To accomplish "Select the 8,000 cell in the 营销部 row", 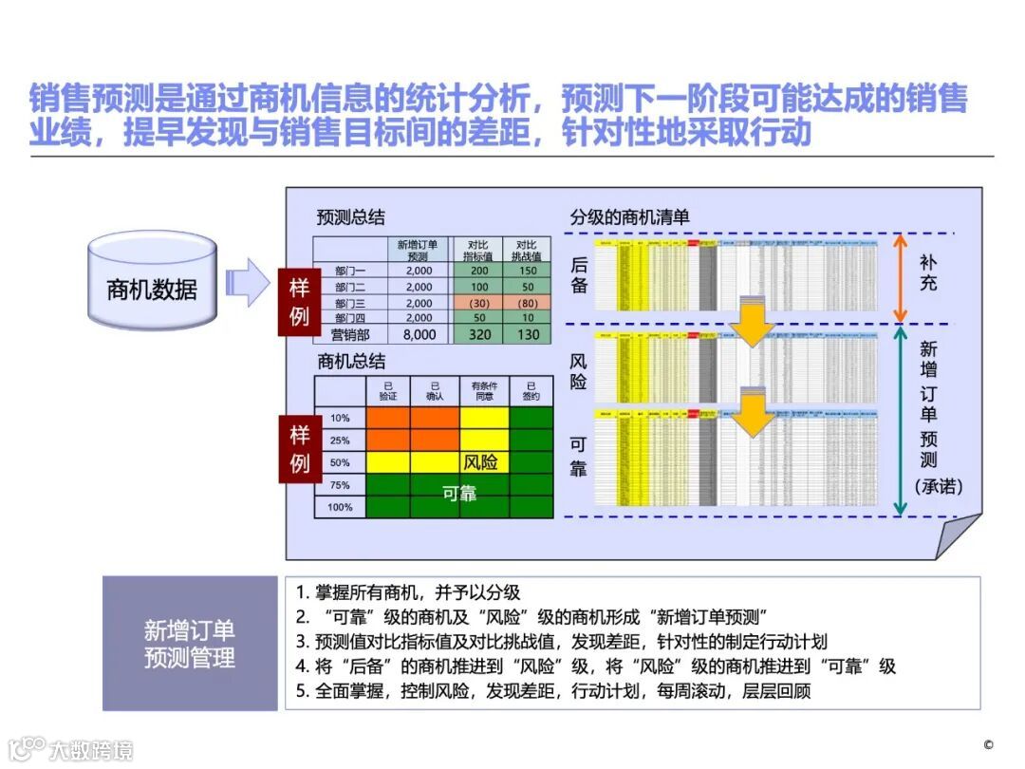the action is click(x=419, y=335).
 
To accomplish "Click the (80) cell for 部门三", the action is click(x=528, y=303).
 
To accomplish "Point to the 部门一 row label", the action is click(x=350, y=271).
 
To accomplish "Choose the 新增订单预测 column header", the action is click(x=419, y=249).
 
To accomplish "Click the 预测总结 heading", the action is click(x=351, y=217).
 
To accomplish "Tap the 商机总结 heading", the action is click(x=351, y=362).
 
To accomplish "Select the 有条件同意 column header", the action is click(x=484, y=390).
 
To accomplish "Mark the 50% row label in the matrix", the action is click(x=340, y=462).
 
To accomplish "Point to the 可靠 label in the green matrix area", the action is click(x=460, y=494).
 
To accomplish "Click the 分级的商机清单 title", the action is click(x=629, y=217).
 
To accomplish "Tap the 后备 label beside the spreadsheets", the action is click(x=579, y=274).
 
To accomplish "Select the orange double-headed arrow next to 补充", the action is click(x=902, y=278).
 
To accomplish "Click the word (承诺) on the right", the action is click(x=939, y=487).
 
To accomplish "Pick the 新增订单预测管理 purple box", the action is click(x=190, y=644).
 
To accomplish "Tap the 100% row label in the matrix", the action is click(x=340, y=507).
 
